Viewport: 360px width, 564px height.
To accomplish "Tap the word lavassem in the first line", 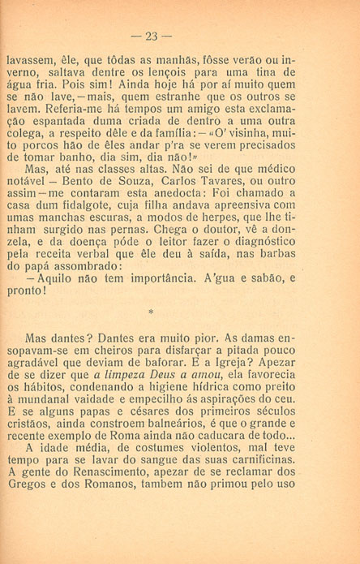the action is pyautogui.click(x=31, y=59).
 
